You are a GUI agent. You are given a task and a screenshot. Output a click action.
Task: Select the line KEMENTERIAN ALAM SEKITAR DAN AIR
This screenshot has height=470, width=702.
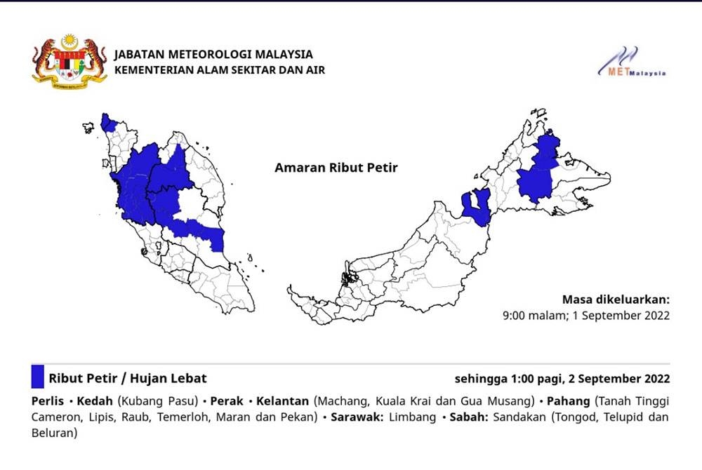[219, 69]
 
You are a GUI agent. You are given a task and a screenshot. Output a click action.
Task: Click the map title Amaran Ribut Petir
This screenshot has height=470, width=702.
[336, 168]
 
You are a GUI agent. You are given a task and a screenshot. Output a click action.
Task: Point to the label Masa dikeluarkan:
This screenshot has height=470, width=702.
[616, 299]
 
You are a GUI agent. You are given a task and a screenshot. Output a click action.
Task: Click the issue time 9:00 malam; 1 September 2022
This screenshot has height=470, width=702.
[585, 316]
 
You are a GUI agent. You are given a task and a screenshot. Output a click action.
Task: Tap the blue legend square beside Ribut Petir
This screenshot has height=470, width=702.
[38, 377]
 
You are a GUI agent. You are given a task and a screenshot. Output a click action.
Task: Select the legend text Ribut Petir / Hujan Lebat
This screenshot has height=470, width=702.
[127, 378]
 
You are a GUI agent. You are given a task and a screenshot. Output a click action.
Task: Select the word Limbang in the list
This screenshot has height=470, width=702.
[408, 417]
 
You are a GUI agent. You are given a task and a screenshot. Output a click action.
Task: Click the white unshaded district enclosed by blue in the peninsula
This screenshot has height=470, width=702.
[191, 204]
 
